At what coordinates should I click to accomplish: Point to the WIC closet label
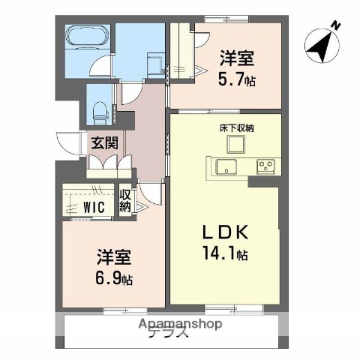click(94, 207)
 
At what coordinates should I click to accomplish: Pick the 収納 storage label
click(125, 200)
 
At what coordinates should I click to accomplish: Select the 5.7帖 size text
click(237, 79)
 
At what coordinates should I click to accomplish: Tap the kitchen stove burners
click(265, 166)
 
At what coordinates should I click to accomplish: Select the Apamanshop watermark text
click(180, 324)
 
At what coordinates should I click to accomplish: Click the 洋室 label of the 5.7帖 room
click(235, 58)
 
